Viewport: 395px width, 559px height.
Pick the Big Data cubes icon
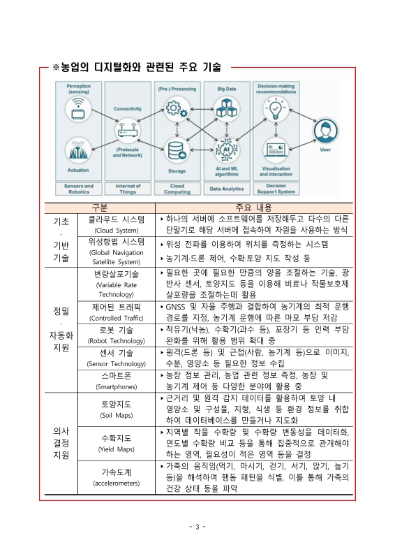click(x=226, y=108)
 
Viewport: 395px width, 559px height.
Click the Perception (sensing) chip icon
click(x=79, y=108)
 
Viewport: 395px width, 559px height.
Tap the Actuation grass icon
click(x=79, y=150)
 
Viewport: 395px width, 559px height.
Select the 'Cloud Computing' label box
click(x=177, y=189)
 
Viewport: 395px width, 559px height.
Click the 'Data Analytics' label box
click(x=226, y=189)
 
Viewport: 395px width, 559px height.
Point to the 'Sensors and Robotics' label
click(x=79, y=189)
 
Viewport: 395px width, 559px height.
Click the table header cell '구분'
click(x=100, y=208)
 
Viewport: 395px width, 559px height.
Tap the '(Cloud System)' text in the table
click(x=117, y=229)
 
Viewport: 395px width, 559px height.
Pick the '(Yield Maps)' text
click(x=117, y=449)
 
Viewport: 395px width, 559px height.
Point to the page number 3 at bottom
click(x=197, y=526)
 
